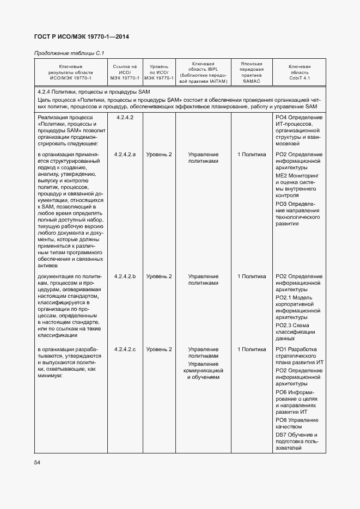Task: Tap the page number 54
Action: (38, 462)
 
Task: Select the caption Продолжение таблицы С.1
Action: (69, 53)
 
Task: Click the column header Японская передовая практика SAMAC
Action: (251, 72)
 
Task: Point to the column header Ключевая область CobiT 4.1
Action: (299, 72)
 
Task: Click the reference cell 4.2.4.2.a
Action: (125, 155)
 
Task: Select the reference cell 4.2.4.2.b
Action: (125, 277)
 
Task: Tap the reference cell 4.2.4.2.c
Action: (125, 349)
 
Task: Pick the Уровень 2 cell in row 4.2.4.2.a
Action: (159, 155)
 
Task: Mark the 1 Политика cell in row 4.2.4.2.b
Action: (251, 277)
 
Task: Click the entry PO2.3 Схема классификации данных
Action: (299, 332)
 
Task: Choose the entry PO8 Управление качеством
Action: (299, 424)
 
